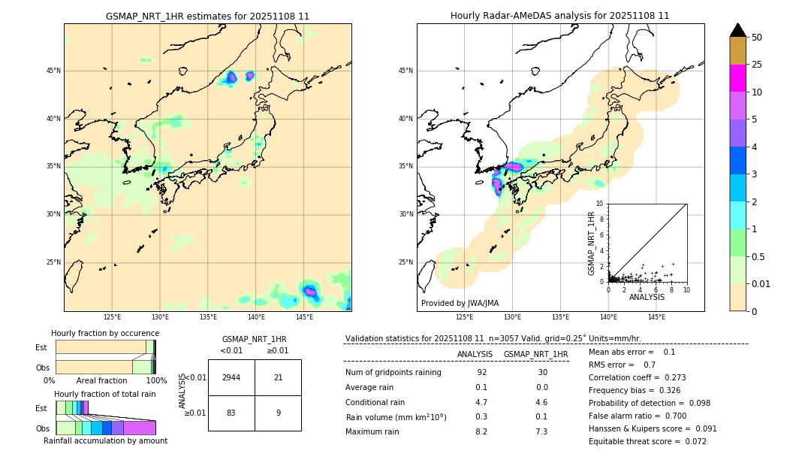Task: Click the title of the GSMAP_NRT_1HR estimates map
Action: click(x=207, y=16)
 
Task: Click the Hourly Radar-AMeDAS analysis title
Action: click(x=559, y=16)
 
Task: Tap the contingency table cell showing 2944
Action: click(x=231, y=377)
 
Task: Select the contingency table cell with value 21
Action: click(x=278, y=377)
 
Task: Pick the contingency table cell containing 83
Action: click(x=231, y=413)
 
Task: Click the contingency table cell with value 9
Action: click(x=278, y=413)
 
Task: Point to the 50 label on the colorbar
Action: click(x=757, y=37)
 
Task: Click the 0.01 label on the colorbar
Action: click(x=761, y=283)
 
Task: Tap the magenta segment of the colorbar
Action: click(x=737, y=78)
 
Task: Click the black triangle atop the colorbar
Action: click(x=737, y=30)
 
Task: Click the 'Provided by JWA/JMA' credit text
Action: click(x=460, y=303)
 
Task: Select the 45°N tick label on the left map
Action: click(x=53, y=71)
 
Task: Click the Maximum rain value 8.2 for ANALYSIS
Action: click(x=481, y=431)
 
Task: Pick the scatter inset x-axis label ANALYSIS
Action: click(x=647, y=298)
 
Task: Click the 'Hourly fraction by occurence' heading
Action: click(x=105, y=333)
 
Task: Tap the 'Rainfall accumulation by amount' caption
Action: click(x=105, y=440)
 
